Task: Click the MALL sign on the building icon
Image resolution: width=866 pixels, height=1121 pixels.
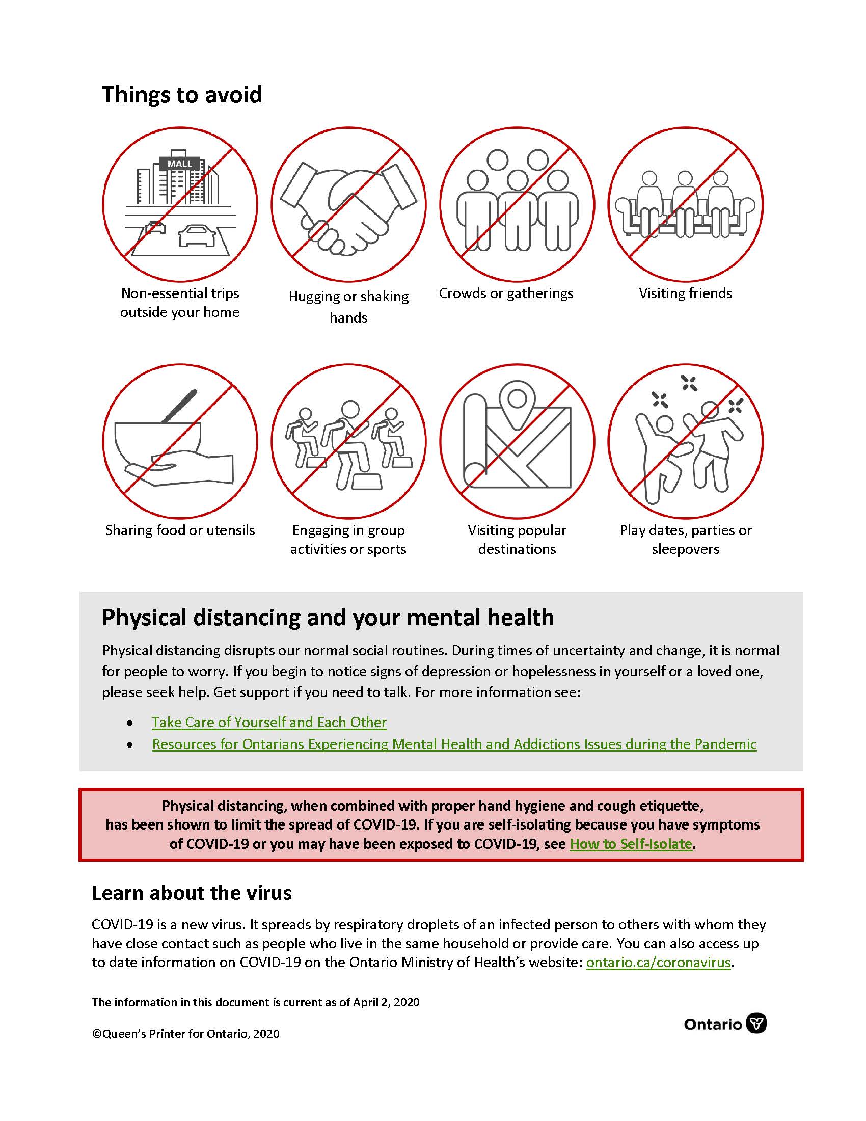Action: point(179,164)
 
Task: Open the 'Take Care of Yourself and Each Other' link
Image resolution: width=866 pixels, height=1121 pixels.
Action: point(269,722)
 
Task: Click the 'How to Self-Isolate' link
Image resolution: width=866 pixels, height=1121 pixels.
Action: point(631,844)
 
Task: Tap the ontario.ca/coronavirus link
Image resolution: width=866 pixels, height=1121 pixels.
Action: point(658,962)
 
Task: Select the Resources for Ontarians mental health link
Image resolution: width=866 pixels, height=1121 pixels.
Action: point(454,744)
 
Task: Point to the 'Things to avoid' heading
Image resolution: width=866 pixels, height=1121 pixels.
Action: point(182,95)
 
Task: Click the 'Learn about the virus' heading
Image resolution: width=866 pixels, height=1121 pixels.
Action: point(192,893)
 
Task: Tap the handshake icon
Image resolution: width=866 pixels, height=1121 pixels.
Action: point(348,205)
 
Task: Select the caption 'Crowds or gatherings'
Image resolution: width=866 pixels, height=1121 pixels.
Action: point(506,293)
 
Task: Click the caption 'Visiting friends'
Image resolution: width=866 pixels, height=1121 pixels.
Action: point(685,293)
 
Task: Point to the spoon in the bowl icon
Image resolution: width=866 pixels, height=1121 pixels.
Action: point(179,406)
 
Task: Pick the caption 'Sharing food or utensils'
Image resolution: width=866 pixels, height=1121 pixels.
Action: point(179,530)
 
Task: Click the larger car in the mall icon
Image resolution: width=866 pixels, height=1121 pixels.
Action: point(196,235)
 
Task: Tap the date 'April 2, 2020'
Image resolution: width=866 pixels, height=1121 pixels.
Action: point(386,1002)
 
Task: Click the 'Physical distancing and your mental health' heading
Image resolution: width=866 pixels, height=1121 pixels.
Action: point(328,618)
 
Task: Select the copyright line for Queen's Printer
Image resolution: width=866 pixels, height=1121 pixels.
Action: point(186,1034)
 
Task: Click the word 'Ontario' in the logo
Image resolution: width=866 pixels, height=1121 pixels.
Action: point(713,1025)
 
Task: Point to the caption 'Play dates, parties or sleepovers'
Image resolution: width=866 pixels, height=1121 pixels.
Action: point(685,540)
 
